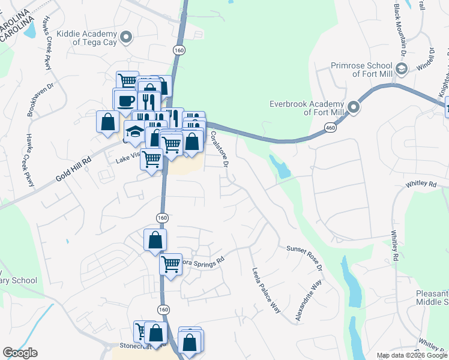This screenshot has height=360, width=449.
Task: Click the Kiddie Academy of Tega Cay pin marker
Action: click(125, 38)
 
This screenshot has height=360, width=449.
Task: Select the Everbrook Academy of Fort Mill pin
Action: click(354, 107)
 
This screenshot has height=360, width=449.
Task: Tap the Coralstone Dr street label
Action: click(220, 149)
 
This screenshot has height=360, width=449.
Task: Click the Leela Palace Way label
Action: click(267, 290)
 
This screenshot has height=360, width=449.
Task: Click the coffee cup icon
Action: click(126, 101)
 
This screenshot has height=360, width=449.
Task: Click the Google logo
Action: click(20, 353)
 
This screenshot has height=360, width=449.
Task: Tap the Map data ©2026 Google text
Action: click(412, 355)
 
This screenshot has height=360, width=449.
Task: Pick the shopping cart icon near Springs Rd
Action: click(171, 263)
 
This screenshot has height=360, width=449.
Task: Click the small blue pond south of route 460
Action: click(280, 167)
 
